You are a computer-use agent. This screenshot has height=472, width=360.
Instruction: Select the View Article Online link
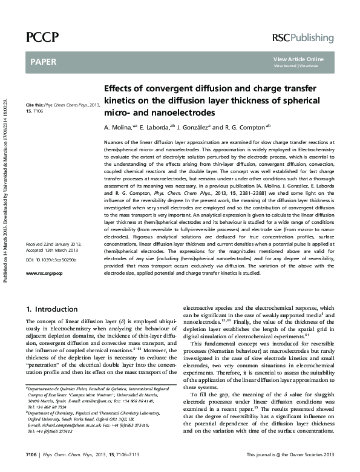point(298,59)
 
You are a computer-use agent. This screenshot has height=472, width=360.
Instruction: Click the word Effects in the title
point(120,88)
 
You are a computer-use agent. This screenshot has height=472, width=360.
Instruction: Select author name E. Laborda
point(151,128)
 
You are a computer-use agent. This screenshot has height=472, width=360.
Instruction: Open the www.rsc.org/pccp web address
point(44,274)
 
